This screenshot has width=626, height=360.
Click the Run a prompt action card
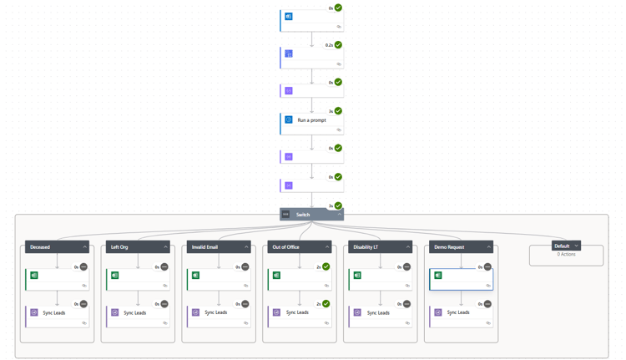click(x=311, y=121)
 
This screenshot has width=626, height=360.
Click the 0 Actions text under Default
click(x=566, y=255)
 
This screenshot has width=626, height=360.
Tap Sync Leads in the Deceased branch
click(x=54, y=313)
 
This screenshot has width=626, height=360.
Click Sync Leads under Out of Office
click(x=297, y=313)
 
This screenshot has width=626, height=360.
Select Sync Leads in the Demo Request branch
click(x=458, y=313)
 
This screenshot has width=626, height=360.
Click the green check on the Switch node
click(x=338, y=205)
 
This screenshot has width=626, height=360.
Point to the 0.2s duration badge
click(x=329, y=45)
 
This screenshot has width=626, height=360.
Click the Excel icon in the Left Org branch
click(x=115, y=276)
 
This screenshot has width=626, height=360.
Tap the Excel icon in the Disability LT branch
click(x=357, y=276)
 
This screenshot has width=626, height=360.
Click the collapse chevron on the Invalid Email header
click(x=246, y=247)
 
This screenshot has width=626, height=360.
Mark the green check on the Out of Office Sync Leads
click(x=326, y=304)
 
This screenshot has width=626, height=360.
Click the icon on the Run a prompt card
click(x=289, y=120)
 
